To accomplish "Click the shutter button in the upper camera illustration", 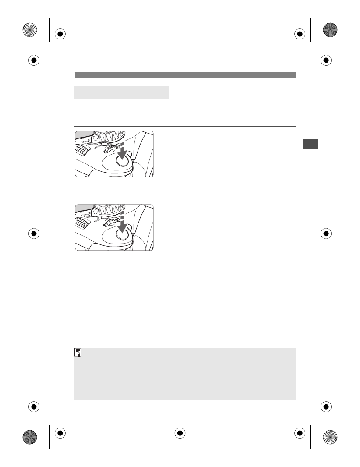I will pos(124,161).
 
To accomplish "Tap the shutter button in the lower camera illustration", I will pos(124,234).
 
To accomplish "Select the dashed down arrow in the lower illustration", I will pos(123,223).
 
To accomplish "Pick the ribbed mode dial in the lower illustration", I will pos(109,208).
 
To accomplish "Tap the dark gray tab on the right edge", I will pos(310,144).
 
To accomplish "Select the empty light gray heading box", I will pos(122,92).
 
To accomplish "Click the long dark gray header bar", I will pos(185,75).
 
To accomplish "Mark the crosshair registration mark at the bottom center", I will pos(180,434).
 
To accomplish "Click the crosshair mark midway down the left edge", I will pos(34,233).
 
